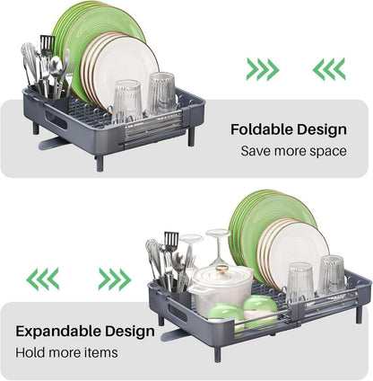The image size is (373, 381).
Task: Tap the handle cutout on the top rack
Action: tap(56, 120)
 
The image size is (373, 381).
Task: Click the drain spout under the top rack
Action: tap(50, 143)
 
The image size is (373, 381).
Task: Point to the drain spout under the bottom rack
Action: tap(172, 334)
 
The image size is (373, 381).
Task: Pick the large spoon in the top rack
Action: tap(56, 75)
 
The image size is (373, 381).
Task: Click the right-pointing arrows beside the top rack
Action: tap(263, 69)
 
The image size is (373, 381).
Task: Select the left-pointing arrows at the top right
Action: tap(329, 69)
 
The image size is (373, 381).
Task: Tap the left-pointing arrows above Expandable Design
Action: tap(43, 279)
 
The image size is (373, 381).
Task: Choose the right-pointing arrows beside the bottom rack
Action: tap(115, 279)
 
